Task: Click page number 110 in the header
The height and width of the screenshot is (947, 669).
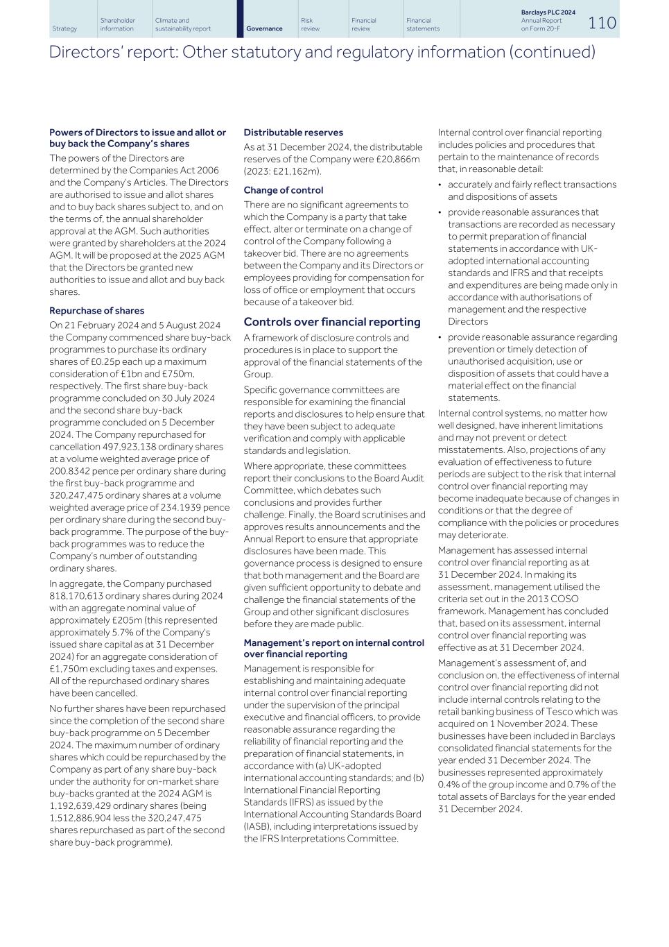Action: click(602, 23)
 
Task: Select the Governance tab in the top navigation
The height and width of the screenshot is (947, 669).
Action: click(264, 28)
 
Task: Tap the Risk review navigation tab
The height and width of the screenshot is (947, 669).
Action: click(310, 25)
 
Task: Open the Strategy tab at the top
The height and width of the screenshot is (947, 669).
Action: click(64, 28)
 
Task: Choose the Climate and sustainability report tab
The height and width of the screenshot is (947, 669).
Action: click(182, 25)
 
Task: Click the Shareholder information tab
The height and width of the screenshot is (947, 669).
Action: click(117, 25)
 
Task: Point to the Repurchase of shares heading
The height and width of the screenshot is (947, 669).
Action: click(96, 311)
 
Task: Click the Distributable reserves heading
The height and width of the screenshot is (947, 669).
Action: click(293, 133)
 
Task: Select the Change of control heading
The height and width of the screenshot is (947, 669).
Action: click(283, 190)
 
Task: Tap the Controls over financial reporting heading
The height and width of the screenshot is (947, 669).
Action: click(331, 322)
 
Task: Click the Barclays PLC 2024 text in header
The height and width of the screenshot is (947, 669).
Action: click(548, 12)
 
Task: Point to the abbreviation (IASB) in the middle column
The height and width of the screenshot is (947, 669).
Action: click(257, 826)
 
